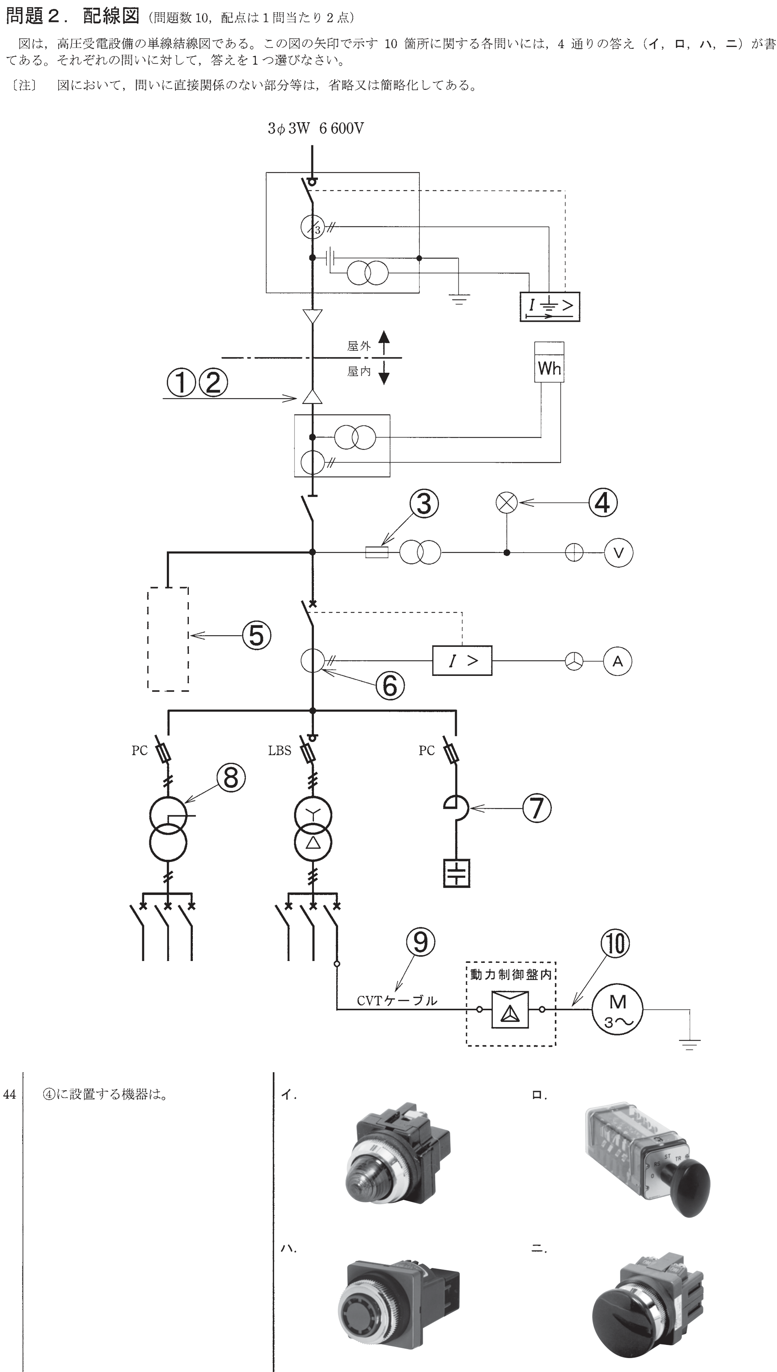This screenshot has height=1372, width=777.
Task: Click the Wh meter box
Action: [549, 363]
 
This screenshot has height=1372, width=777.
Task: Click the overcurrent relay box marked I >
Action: [462, 661]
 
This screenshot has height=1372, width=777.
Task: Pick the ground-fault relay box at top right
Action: [550, 307]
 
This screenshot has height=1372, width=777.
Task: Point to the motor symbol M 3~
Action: [617, 1009]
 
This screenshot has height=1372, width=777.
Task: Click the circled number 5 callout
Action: [257, 635]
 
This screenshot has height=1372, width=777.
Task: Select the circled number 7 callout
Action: [537, 808]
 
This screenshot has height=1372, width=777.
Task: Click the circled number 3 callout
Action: [424, 503]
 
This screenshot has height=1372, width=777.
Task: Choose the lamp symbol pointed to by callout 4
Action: [507, 502]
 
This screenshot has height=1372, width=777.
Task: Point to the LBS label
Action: [280, 751]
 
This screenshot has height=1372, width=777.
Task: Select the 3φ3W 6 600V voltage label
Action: [316, 129]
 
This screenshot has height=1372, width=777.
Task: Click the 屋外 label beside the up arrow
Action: [359, 346]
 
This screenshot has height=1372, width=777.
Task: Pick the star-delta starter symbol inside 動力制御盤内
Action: [510, 1009]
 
